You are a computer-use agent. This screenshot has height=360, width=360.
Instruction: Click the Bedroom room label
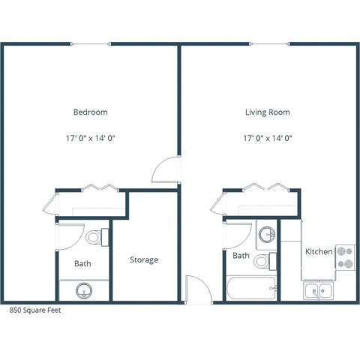coord(90,112)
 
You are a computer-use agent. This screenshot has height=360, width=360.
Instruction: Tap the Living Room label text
coord(268,112)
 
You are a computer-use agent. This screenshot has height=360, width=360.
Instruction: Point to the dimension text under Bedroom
coord(90,138)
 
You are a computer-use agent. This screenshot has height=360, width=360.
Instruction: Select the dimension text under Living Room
coord(268,138)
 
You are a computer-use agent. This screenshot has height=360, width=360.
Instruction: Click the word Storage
coord(144,260)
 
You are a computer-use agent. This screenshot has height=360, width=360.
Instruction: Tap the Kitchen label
coord(319,252)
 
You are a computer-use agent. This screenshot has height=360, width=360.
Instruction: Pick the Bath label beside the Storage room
coord(82,264)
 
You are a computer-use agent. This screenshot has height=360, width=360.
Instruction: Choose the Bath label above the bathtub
coord(241,256)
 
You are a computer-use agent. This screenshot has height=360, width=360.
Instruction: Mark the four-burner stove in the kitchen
coord(345,258)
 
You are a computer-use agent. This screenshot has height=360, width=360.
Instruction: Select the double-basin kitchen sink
coord(319,290)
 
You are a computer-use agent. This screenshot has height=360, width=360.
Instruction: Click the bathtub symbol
coord(252,288)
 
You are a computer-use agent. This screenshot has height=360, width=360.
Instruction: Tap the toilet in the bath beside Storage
coord(95,238)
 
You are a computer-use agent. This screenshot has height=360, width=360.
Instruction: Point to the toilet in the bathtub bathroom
coord(262,262)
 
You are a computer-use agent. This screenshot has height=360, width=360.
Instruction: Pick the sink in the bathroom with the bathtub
coord(266,235)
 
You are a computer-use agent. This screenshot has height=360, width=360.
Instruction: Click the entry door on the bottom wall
coord(195,289)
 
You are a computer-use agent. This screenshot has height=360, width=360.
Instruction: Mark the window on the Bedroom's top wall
coord(90,43)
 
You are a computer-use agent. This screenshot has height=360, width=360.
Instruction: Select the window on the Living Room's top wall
coord(268,43)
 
